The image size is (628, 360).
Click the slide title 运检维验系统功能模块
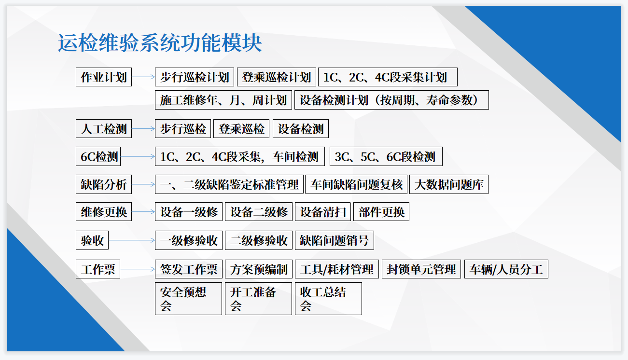pyautogui.click(x=160, y=43)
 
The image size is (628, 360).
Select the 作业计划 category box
pyautogui.click(x=104, y=77)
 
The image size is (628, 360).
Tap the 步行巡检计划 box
pyautogui.click(x=194, y=77)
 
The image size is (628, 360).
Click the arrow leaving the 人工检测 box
pyautogui.click(x=143, y=129)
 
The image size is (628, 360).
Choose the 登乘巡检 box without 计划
pyautogui.click(x=241, y=129)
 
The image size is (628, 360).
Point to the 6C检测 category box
pyautogui.click(x=98, y=156)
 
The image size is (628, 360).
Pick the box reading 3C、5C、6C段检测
pyautogui.click(x=386, y=156)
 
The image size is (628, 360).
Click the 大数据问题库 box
pyautogui.click(x=449, y=184)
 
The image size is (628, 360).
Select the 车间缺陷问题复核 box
pyautogui.click(x=356, y=184)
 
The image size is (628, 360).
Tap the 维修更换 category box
pyautogui.click(x=104, y=212)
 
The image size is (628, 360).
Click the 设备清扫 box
pyautogui.click(x=323, y=212)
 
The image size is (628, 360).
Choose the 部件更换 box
pyautogui.click(x=381, y=212)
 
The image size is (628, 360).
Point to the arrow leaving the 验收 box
pyautogui.click(x=132, y=240)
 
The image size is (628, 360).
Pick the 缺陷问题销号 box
pyautogui.click(x=335, y=240)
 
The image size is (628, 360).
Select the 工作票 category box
pyautogui.click(x=98, y=269)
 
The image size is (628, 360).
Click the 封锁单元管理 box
pyautogui.click(x=421, y=269)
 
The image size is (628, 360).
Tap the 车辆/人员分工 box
pyautogui.click(x=506, y=269)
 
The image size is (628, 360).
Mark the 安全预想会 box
pyautogui.click(x=188, y=299)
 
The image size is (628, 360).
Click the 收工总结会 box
pyautogui.click(x=328, y=299)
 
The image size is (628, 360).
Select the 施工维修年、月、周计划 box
pyautogui.click(x=223, y=100)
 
